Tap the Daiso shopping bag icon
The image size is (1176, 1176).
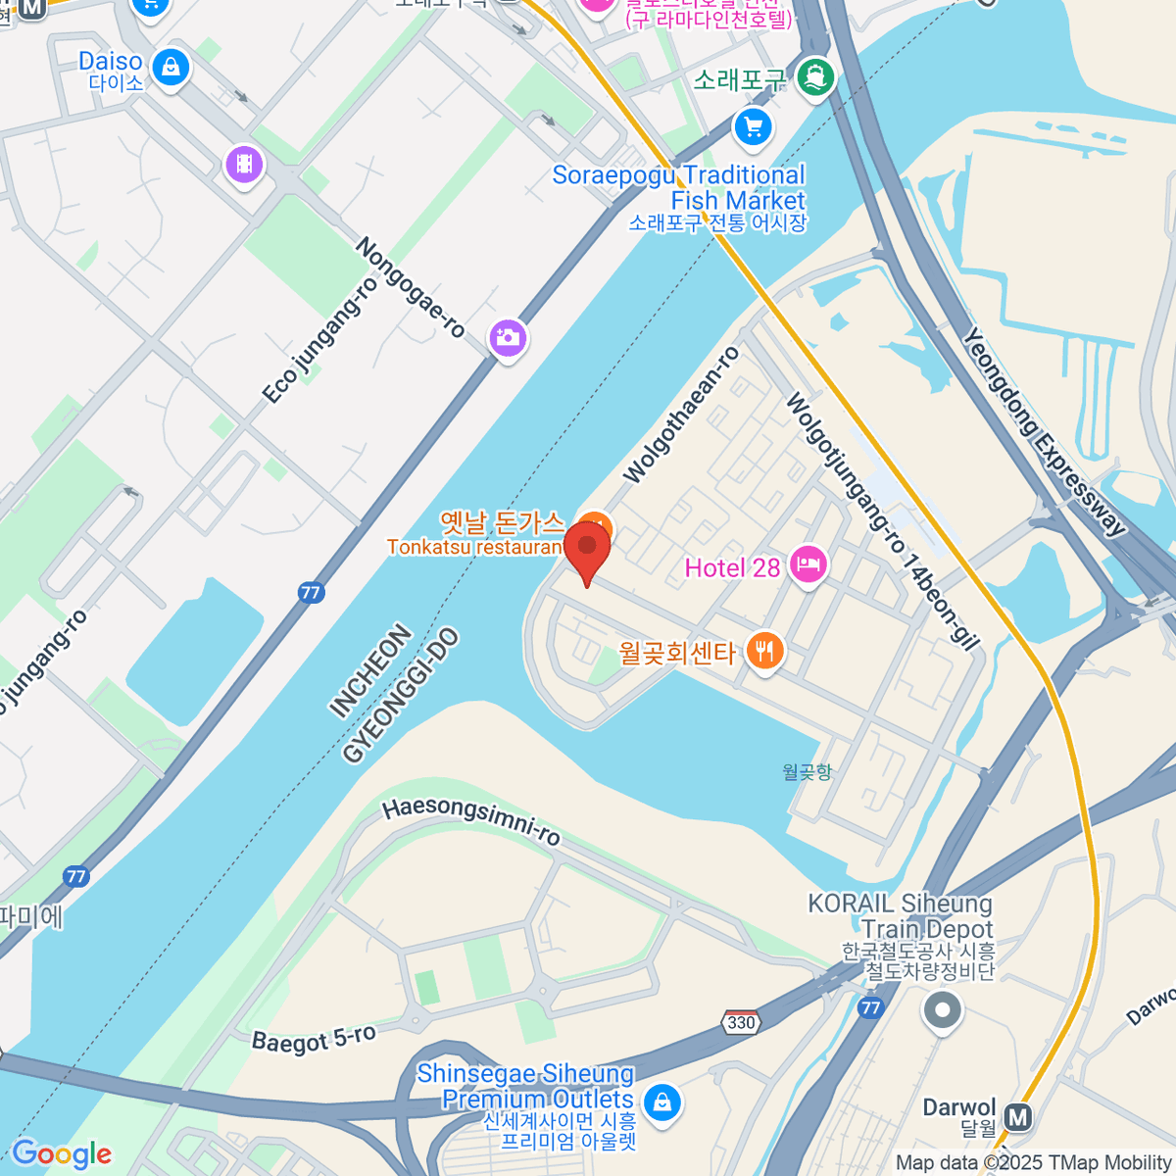point(171,69)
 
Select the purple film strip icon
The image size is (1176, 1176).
point(245,164)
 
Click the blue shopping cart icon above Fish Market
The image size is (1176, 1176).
point(753,127)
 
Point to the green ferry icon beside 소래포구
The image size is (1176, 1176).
point(815,77)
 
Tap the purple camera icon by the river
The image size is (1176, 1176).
point(508,339)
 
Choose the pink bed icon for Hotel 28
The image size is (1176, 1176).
point(808,564)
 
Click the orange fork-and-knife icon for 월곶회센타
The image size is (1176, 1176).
point(764,651)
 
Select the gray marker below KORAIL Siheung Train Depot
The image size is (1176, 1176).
point(943,1009)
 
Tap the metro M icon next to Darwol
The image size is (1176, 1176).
point(1019,1116)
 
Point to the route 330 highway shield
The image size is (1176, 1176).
point(742,1022)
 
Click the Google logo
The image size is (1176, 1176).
point(62,1154)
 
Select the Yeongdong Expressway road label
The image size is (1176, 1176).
point(1043,432)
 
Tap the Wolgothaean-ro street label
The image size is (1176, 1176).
point(682,415)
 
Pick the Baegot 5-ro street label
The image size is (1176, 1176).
point(314,1039)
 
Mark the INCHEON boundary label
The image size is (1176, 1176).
point(370,671)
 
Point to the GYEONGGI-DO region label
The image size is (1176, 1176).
point(400,697)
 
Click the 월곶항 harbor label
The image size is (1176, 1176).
point(808,772)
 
